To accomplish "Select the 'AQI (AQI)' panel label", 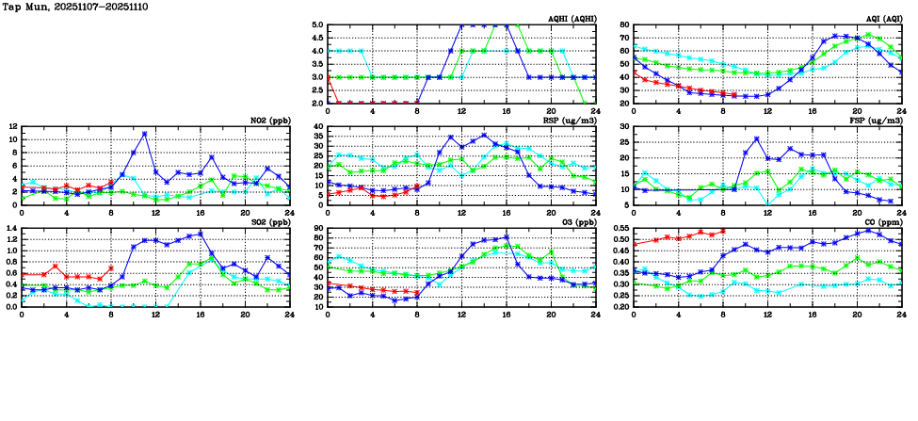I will coord(882,19).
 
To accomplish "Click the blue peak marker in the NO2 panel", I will coord(145,134).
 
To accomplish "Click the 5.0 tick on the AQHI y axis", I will coord(317,25).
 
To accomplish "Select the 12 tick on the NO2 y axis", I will coord(11,126).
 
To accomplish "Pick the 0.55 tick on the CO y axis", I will coord(620,228).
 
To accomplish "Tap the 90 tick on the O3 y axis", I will coord(317,228).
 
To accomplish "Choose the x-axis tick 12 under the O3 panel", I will coord(461,314).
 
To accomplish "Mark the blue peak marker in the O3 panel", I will coord(506,237).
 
